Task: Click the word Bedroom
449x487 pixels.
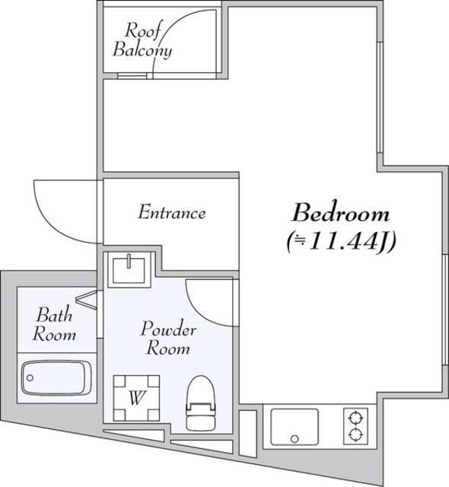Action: pyautogui.click(x=340, y=212)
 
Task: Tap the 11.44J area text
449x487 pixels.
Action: pyautogui.click(x=341, y=242)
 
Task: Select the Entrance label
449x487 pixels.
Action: pyautogui.click(x=172, y=212)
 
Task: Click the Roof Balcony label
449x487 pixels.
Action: pyautogui.click(x=142, y=40)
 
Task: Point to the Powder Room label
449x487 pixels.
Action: pyautogui.click(x=168, y=338)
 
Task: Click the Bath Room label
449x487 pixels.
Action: pyautogui.click(x=54, y=324)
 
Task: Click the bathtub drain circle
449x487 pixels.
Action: pyautogui.click(x=30, y=378)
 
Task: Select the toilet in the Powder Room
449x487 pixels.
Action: pyautogui.click(x=201, y=403)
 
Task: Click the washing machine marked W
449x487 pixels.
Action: pyautogui.click(x=136, y=398)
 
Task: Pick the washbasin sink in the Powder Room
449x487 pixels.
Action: pyautogui.click(x=129, y=271)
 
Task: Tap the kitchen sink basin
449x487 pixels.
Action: pyautogui.click(x=295, y=427)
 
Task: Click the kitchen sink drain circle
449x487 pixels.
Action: pyautogui.click(x=295, y=439)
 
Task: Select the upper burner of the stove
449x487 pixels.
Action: pyautogui.click(x=356, y=418)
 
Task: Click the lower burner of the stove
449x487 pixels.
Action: pyautogui.click(x=356, y=434)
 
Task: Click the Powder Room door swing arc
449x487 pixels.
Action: pyautogui.click(x=199, y=311)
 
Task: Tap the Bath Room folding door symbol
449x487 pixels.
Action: pyautogui.click(x=87, y=300)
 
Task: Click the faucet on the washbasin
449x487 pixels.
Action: pyautogui.click(x=129, y=261)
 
